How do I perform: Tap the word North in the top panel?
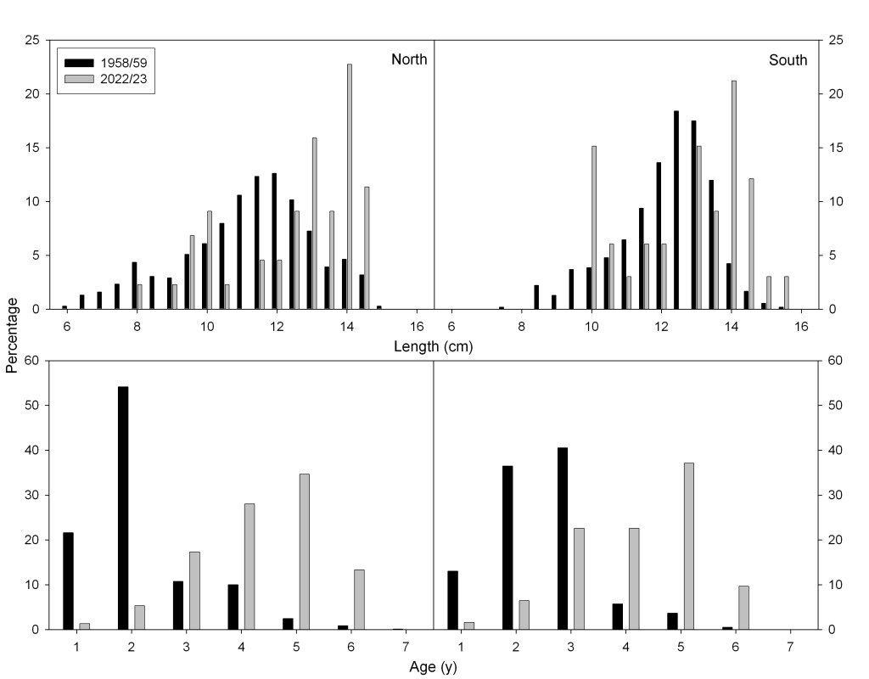(x=409, y=59)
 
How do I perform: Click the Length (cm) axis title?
(x=434, y=346)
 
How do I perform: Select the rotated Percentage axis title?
(x=12, y=339)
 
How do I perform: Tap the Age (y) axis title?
(x=434, y=666)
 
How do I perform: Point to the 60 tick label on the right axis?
(x=835, y=361)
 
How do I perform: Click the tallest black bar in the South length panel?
(x=676, y=210)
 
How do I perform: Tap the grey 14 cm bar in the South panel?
(x=734, y=194)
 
